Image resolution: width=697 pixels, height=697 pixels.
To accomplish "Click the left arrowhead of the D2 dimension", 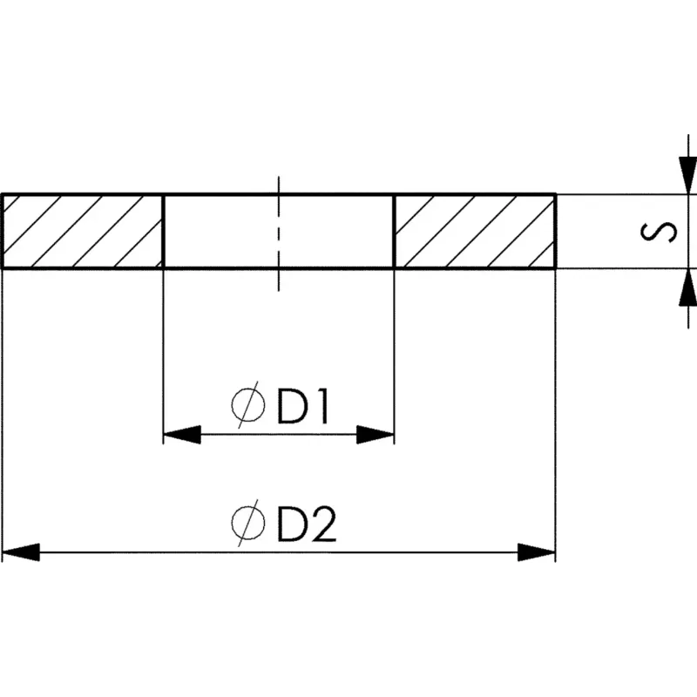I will click(21, 552).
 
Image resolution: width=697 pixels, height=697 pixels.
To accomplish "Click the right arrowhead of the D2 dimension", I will click(537, 552).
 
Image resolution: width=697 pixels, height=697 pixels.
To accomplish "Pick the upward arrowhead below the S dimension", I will click(687, 287).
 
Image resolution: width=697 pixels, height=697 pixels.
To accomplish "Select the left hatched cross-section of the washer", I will click(82, 231).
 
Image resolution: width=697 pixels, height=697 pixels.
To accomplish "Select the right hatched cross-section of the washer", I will click(476, 231).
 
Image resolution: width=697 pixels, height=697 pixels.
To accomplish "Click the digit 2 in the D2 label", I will click(322, 524).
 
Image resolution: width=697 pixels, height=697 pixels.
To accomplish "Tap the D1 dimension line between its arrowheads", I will click(279, 434).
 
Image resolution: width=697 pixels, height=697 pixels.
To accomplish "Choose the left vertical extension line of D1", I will click(164, 348).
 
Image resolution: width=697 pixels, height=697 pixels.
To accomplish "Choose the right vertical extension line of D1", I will click(396, 348).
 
